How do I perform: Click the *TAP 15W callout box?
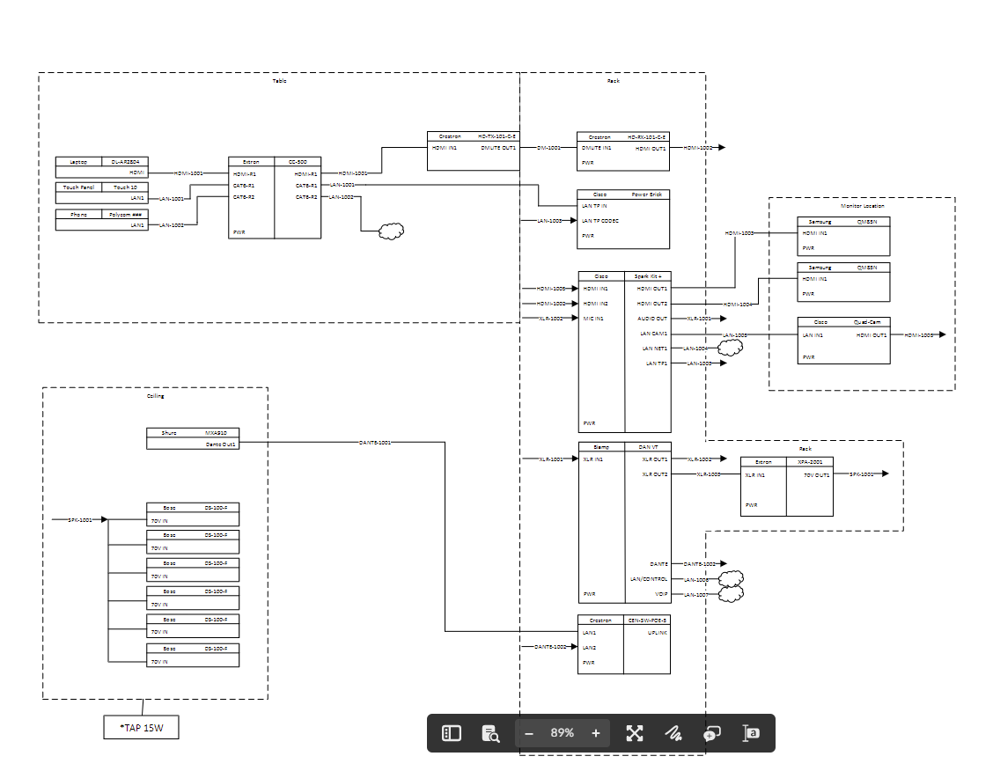click(x=141, y=728)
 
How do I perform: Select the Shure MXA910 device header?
click(x=193, y=433)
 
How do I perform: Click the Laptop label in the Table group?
click(x=78, y=162)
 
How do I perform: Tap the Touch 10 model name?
click(x=126, y=187)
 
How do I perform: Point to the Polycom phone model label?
click(x=126, y=214)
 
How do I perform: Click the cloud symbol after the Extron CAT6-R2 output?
click(x=390, y=231)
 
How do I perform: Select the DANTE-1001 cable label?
click(x=375, y=443)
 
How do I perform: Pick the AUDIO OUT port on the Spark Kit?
click(x=652, y=319)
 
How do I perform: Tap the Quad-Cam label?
click(x=867, y=322)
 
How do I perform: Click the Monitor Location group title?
click(x=862, y=205)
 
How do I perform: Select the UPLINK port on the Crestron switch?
click(x=658, y=633)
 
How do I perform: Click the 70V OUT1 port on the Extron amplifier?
click(x=817, y=474)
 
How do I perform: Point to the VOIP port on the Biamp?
click(x=662, y=595)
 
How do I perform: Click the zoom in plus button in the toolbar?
click(x=596, y=733)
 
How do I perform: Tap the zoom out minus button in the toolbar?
click(x=529, y=733)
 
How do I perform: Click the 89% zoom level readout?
click(x=563, y=733)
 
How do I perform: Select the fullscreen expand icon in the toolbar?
click(x=635, y=733)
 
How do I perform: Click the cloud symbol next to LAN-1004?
click(x=729, y=349)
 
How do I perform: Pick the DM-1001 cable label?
click(x=548, y=148)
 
